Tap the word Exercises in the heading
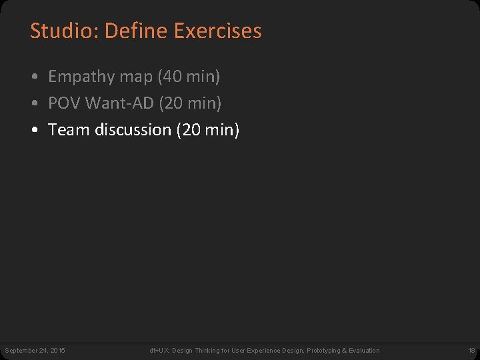tap(217, 31)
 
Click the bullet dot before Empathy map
tap(35, 77)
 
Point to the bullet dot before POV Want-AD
tap(35, 104)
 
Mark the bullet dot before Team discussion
tap(35, 131)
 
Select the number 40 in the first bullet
tap(171, 77)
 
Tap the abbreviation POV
tap(64, 103)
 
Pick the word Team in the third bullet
tap(69, 130)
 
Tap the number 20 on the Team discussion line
tap(190, 130)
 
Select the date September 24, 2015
tap(35, 351)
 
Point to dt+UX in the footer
tap(158, 351)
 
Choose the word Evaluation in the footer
tap(364, 351)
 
